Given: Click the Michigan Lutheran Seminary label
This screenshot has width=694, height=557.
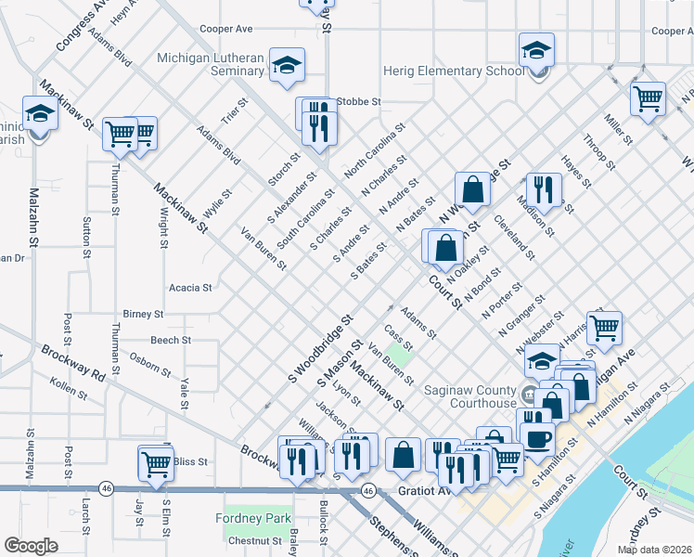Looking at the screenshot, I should tap(211, 64).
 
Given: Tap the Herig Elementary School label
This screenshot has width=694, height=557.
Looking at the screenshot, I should tap(454, 71).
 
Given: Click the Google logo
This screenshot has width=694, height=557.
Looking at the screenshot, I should tap(30, 546).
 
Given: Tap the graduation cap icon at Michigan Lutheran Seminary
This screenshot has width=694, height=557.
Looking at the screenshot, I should tap(288, 65).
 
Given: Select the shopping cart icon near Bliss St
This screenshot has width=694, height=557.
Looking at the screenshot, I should tap(156, 461).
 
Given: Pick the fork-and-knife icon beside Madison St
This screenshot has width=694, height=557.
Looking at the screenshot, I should tap(544, 189).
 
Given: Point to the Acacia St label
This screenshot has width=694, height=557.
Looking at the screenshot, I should tap(190, 288).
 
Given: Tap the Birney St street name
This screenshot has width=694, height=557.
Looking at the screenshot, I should tap(143, 315).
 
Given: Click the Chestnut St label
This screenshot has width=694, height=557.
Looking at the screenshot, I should tap(255, 540).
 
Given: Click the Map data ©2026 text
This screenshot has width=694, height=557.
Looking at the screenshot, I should tap(654, 550).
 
